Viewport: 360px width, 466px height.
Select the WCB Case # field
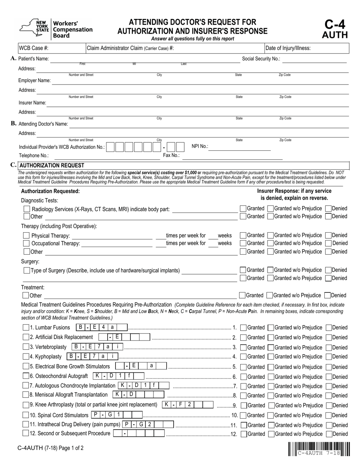point(67,48)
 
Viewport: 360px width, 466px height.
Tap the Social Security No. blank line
point(315,59)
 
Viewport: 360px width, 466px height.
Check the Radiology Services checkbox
point(27,209)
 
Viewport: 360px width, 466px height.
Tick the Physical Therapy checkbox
point(27,236)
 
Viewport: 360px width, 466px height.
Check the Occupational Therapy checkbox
point(27,244)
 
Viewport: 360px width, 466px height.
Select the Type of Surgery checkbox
point(27,271)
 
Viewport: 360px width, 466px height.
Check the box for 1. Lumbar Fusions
point(26,327)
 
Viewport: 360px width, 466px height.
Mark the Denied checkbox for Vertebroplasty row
point(329,347)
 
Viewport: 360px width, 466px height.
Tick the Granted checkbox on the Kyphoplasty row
point(244,357)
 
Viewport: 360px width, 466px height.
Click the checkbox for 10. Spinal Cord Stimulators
point(26,415)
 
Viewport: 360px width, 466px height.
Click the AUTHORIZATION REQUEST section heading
point(52,165)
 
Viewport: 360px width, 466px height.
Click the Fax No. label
point(171,155)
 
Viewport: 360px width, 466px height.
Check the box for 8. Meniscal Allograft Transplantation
point(26,395)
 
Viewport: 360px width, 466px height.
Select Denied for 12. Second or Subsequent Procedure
point(329,434)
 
